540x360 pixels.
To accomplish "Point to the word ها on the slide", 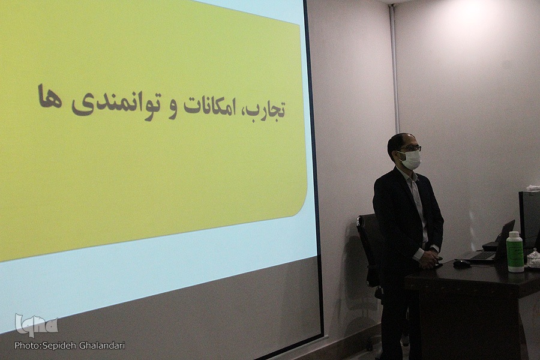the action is tap(50, 97).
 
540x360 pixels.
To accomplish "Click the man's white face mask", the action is tap(411, 160).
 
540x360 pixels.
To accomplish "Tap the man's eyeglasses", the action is tap(411, 148).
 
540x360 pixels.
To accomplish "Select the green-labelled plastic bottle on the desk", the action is tap(515, 252).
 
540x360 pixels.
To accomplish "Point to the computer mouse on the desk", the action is tap(462, 263).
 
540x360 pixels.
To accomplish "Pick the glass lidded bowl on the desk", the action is tap(533, 259).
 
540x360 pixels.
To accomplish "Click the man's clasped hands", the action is tap(430, 259).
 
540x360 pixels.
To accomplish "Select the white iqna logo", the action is tap(36, 325).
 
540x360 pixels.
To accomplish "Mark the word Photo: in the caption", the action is tap(28, 345).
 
